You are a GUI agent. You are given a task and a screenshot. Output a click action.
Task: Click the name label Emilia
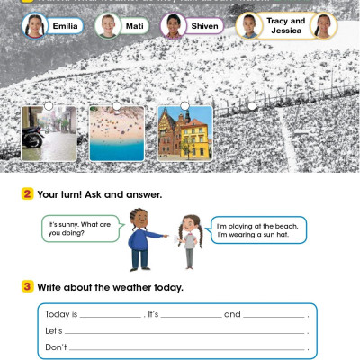tap(67, 26)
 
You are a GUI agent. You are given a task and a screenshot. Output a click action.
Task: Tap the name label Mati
tap(136, 26)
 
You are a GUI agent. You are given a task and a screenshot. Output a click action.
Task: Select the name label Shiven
tap(204, 26)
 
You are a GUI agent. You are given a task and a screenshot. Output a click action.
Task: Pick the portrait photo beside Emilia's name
tap(34, 25)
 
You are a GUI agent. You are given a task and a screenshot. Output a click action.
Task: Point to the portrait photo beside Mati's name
tap(106, 25)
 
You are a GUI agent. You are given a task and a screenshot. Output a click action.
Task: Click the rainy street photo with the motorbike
tap(43, 133)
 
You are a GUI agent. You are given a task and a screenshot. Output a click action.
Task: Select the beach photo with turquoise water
tap(116, 133)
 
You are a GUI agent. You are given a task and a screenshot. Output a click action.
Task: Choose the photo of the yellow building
tap(184, 133)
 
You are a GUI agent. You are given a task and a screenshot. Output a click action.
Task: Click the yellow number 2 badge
tap(28, 194)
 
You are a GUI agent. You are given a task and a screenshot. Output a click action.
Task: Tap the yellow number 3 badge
tap(28, 287)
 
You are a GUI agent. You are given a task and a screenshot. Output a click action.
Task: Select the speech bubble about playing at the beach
tap(259, 229)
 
